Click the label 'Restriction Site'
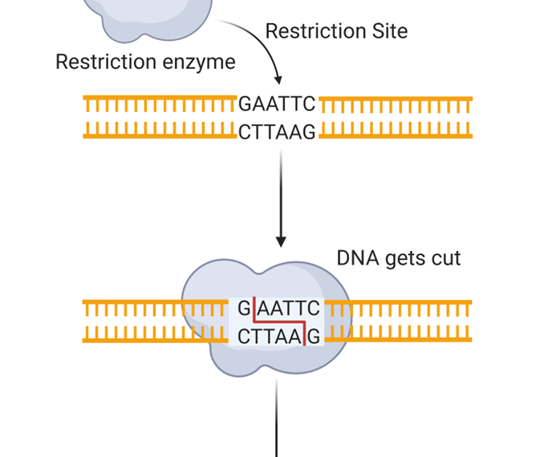point(336,31)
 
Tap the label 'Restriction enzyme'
point(145,62)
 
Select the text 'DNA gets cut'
point(399,258)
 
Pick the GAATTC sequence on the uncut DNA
point(277,104)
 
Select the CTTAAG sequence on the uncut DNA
point(277,132)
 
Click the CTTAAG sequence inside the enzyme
point(269,337)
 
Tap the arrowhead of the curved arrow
point(278,79)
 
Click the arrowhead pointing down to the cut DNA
point(281,241)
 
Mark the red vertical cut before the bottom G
point(305,337)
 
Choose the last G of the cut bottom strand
point(314,337)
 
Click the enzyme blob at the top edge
point(152,16)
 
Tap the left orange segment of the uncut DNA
point(160,117)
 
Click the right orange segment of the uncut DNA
point(396,117)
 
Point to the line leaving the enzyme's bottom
point(277,417)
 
